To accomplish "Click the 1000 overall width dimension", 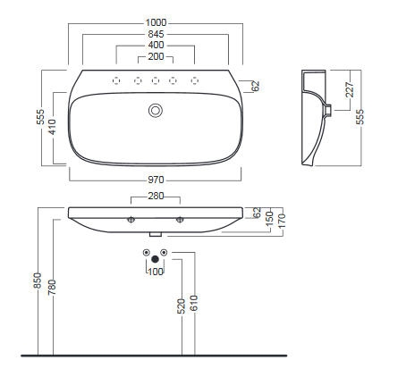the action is tap(156, 22).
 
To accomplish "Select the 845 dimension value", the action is tap(156, 34).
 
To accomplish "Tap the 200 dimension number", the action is tap(156, 56).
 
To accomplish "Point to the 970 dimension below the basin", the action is tap(156, 180).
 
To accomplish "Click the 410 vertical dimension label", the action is tap(52, 127).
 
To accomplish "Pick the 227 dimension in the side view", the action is tap(350, 89).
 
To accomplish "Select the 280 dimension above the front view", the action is tap(156, 196).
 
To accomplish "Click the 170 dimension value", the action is tap(282, 221).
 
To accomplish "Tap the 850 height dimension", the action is tap(38, 281).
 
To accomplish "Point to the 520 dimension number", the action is tap(182, 306).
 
